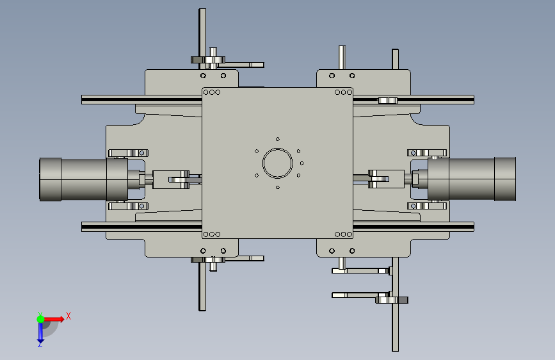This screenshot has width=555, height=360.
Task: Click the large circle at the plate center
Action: click(278, 149)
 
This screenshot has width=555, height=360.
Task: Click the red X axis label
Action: click(68, 316)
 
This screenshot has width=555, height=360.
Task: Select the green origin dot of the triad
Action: click(41, 319)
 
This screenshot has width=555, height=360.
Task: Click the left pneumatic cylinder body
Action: click(83, 179)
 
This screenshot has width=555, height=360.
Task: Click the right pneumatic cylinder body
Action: click(472, 179)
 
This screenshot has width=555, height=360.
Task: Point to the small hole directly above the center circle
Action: click(278, 139)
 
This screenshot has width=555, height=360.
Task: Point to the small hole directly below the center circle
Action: click(278, 188)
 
